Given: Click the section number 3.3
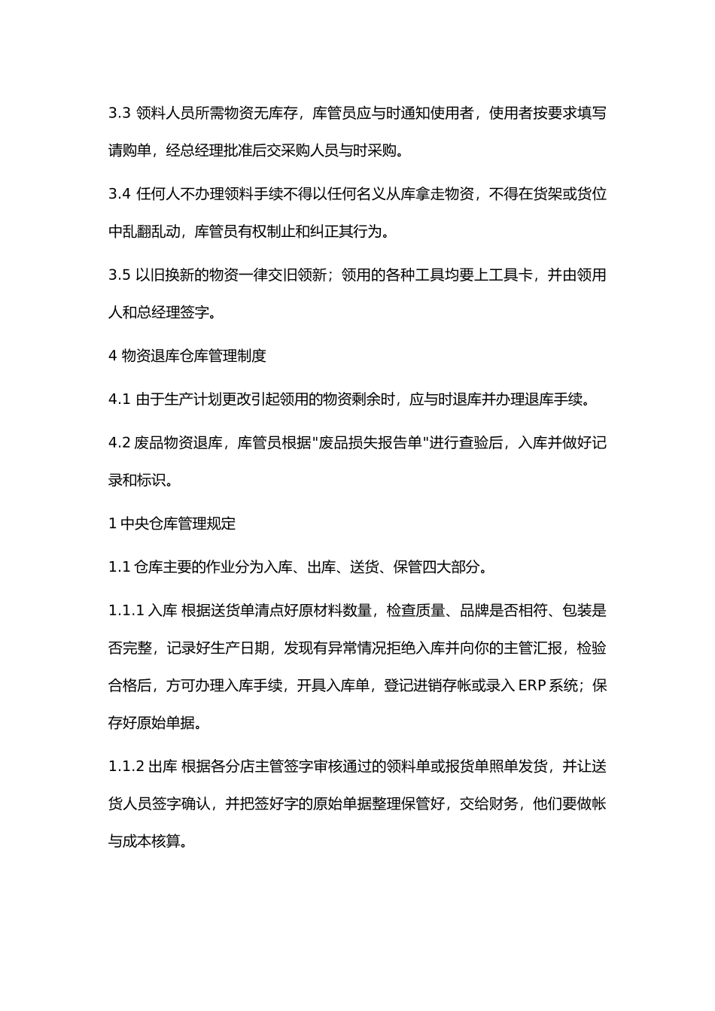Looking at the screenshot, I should [x=120, y=114].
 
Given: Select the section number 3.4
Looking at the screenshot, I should [x=120, y=194].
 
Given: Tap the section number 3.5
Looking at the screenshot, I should [x=120, y=275].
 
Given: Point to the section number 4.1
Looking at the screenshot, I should [x=120, y=399].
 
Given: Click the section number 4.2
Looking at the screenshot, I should [x=120, y=442].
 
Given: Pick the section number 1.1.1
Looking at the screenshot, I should [x=126, y=610].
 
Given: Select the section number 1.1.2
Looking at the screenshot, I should [x=126, y=767].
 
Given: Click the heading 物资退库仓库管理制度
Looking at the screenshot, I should [x=194, y=356].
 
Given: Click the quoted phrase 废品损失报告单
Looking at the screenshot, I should [x=370, y=442].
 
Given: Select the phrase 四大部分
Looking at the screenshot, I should [x=450, y=567].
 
